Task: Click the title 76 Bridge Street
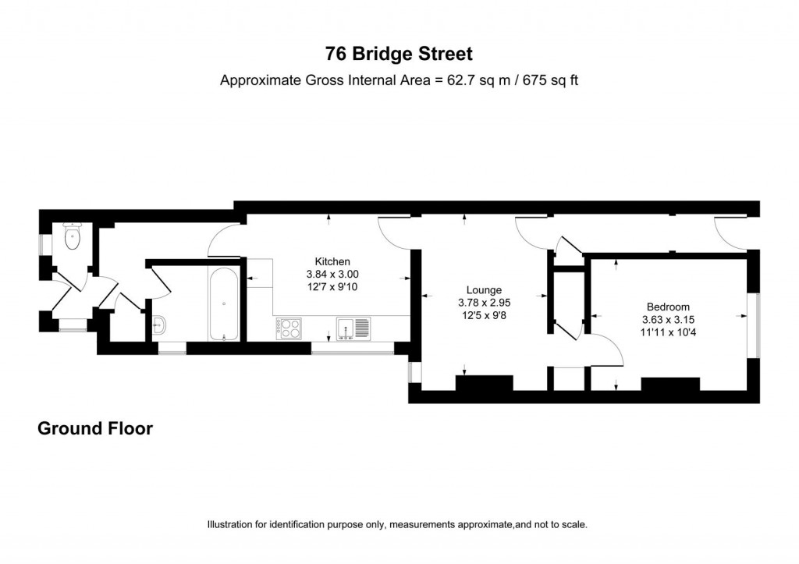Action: tap(399, 54)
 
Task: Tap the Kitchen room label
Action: tap(332, 261)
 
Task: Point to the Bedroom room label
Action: tap(668, 307)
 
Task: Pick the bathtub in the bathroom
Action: tap(224, 303)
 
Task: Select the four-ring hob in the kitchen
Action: tap(289, 328)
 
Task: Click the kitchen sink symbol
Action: tap(353, 327)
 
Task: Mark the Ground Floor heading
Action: tap(95, 428)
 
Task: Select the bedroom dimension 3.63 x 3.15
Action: tap(668, 320)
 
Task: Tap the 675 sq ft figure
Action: tap(551, 80)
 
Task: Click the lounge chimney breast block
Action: tap(484, 383)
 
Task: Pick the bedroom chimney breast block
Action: tap(670, 384)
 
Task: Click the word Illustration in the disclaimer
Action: tap(231, 524)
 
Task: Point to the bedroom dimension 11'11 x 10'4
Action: tap(668, 332)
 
